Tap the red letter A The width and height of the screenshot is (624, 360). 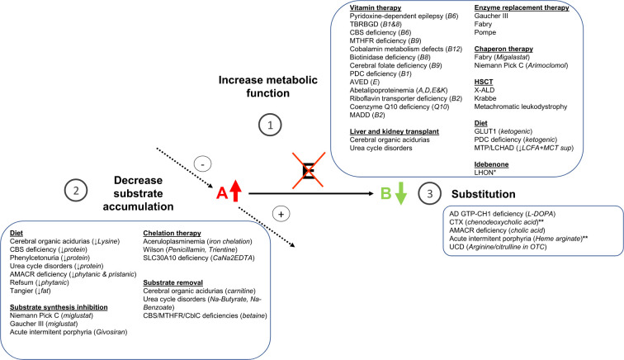click(x=222, y=195)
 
